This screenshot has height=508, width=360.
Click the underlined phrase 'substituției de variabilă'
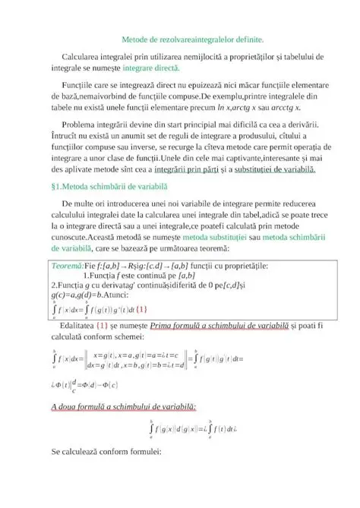click(282, 169)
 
